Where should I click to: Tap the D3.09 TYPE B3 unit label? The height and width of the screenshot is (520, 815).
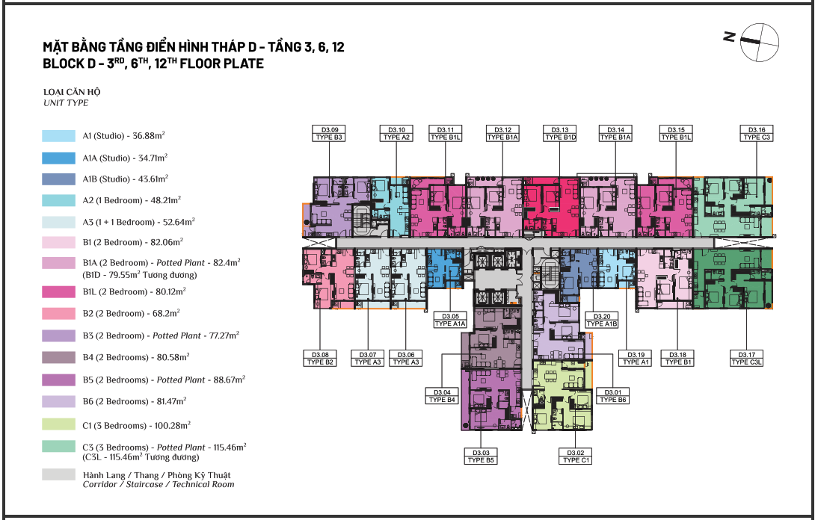[330, 134]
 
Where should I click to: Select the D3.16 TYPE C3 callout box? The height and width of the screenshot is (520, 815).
[757, 134]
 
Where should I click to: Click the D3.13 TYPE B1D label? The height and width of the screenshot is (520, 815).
[560, 134]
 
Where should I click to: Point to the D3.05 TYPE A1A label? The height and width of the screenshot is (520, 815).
[450, 320]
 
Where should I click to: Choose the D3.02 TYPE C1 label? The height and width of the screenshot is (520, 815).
[576, 456]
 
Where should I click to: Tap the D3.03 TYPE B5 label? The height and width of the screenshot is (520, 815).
[482, 456]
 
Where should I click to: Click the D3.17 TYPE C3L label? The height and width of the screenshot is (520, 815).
[747, 359]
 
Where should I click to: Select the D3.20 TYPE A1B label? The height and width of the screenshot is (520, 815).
[602, 320]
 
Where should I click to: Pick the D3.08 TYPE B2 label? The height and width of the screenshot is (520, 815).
[320, 359]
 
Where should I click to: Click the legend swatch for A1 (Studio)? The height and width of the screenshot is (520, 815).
[59, 136]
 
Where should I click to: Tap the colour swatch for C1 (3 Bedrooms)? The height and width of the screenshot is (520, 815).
[59, 424]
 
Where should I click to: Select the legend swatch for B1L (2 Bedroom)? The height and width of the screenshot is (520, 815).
[59, 291]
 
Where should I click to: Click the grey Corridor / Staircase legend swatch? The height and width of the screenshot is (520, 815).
[59, 474]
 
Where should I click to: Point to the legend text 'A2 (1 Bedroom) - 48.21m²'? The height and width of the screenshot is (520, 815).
[132, 200]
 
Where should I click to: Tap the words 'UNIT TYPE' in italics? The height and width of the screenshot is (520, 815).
[66, 103]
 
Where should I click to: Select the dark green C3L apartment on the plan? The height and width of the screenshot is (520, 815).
[732, 279]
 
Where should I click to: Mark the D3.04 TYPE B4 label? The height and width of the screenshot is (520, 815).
[442, 396]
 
